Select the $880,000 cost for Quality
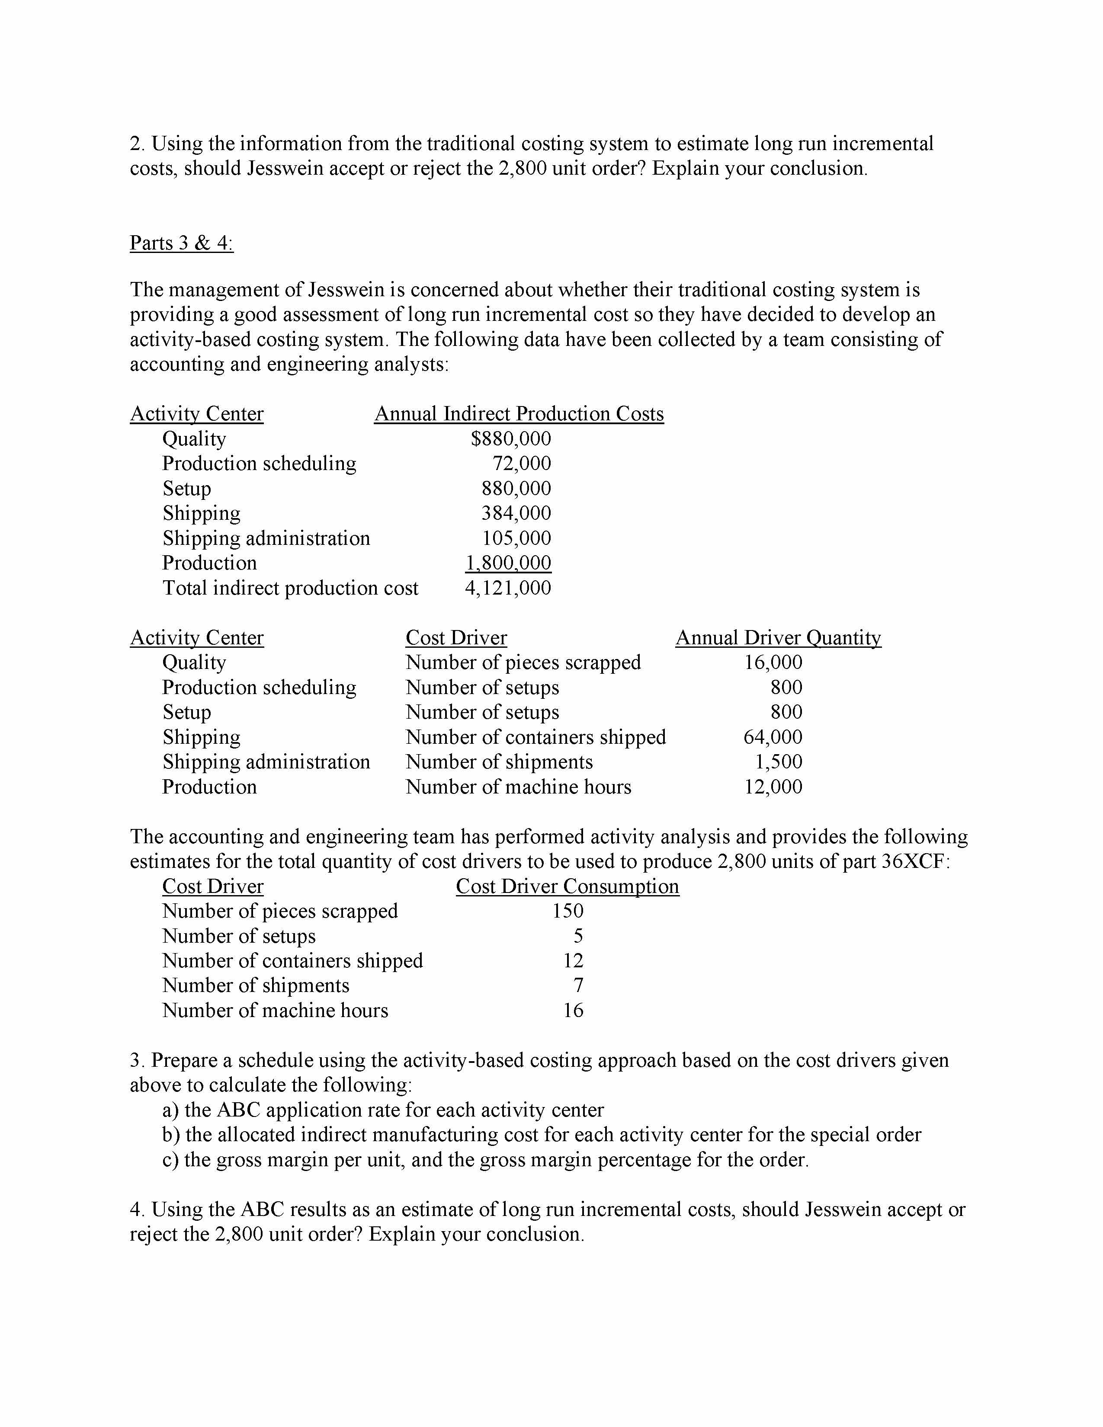(510, 438)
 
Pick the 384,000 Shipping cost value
(516, 513)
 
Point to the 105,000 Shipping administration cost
(516, 538)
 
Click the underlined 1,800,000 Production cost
(508, 563)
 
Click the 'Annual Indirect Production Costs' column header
(519, 413)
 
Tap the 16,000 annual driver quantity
(773, 662)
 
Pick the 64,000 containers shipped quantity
(773, 737)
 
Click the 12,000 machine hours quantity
(773, 787)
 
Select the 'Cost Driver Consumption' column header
(567, 886)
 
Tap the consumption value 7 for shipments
(577, 985)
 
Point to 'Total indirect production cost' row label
(290, 588)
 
